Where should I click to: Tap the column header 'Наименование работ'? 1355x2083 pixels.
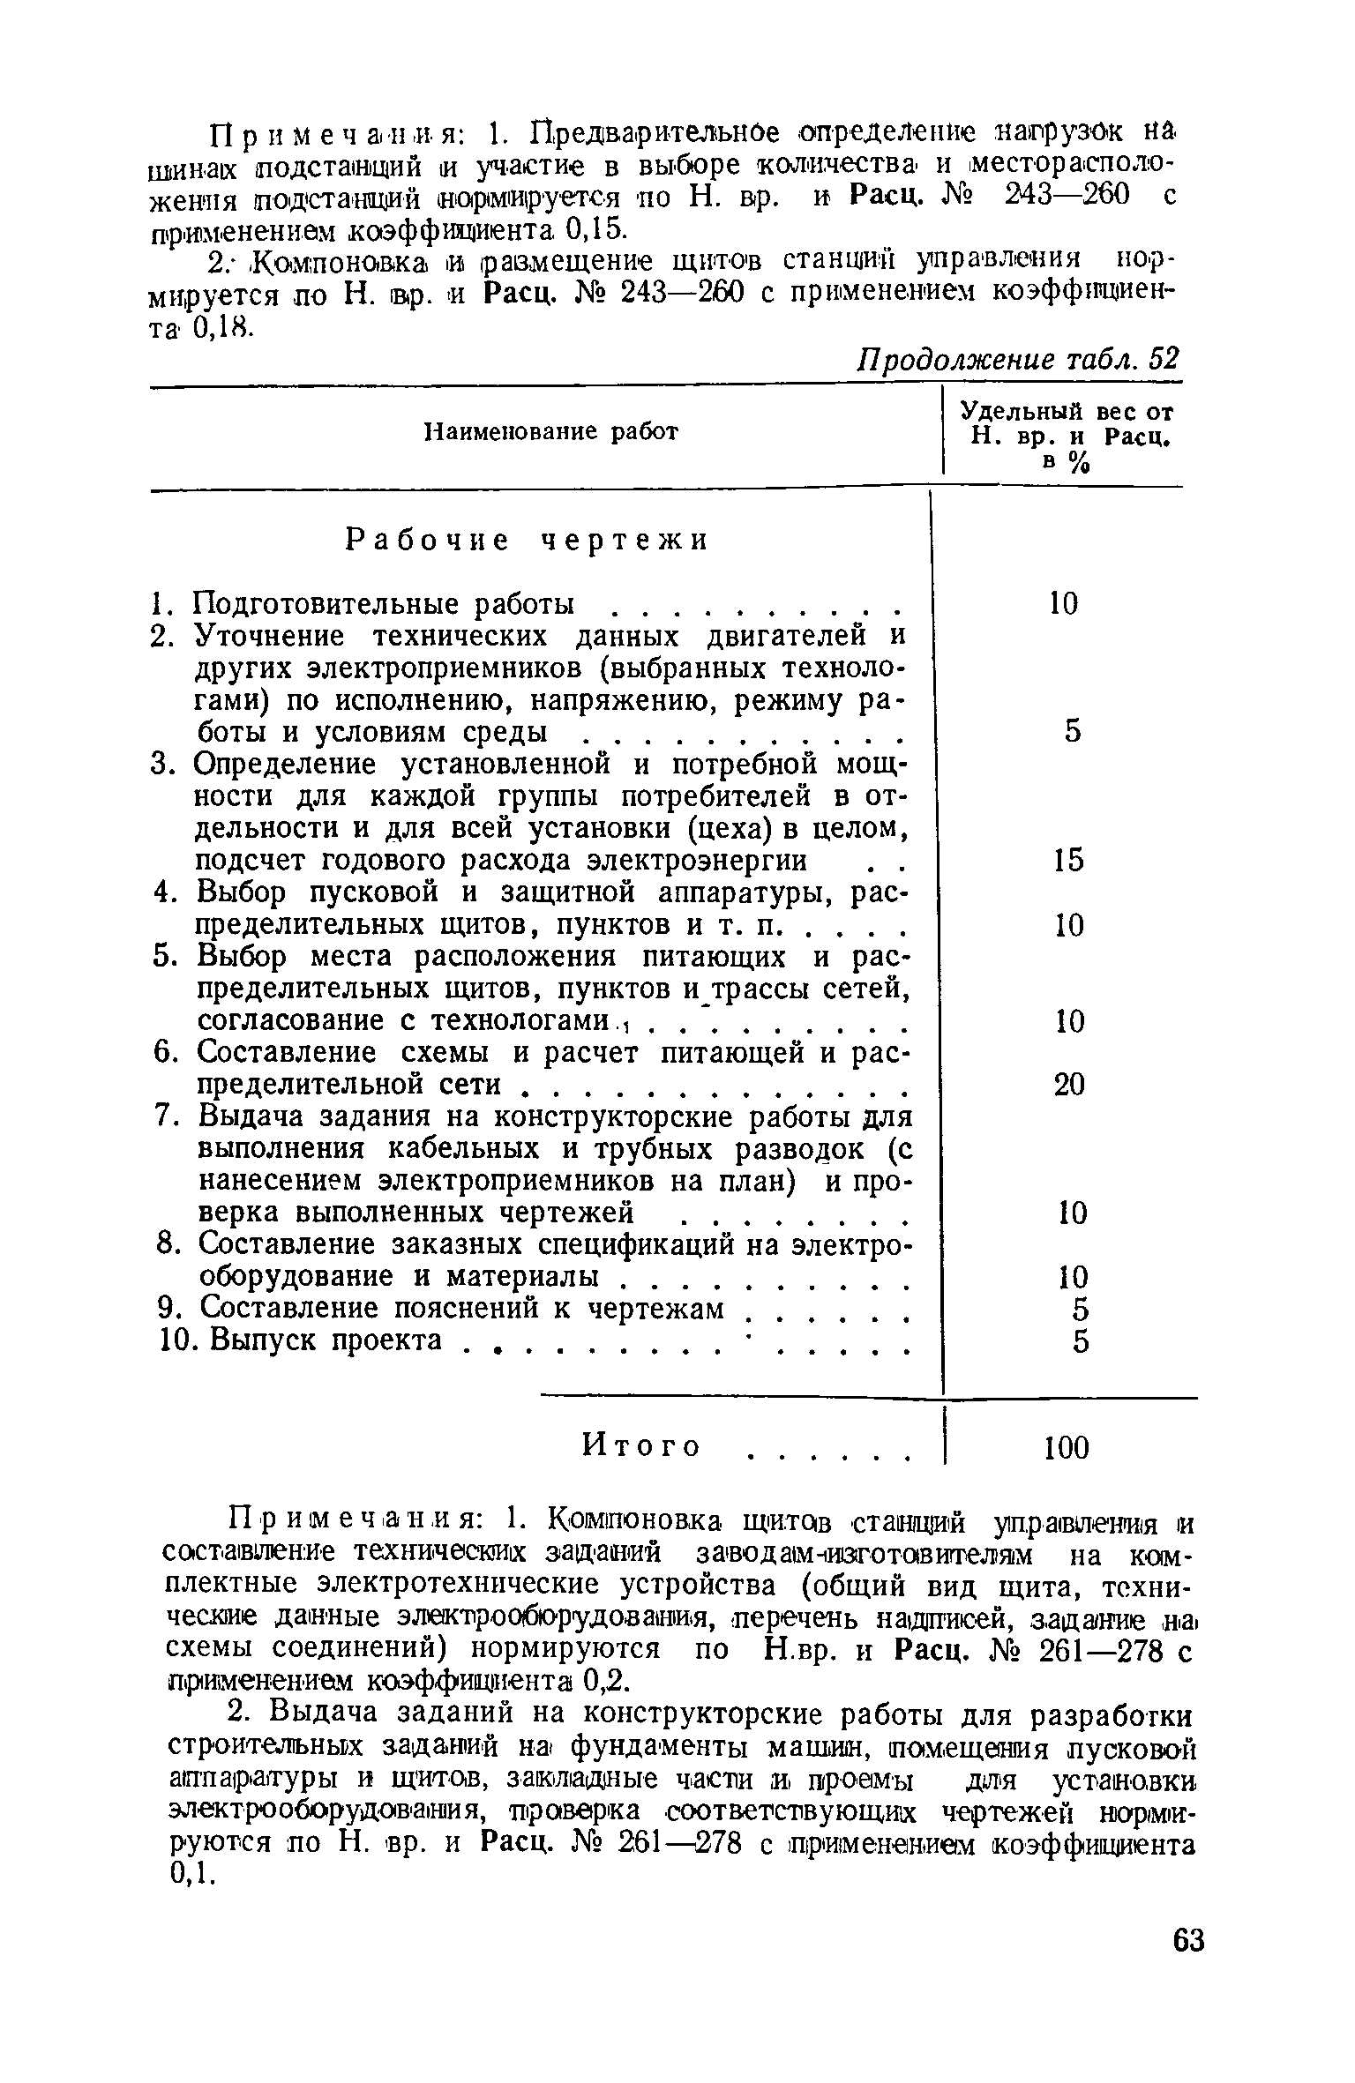552,432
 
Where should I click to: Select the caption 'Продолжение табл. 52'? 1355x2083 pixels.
1019,359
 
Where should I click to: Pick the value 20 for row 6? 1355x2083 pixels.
1069,1085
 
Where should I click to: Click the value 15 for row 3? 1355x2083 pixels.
1068,861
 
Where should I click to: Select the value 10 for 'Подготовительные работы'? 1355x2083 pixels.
1064,604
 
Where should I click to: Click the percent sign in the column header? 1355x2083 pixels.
1075,463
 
